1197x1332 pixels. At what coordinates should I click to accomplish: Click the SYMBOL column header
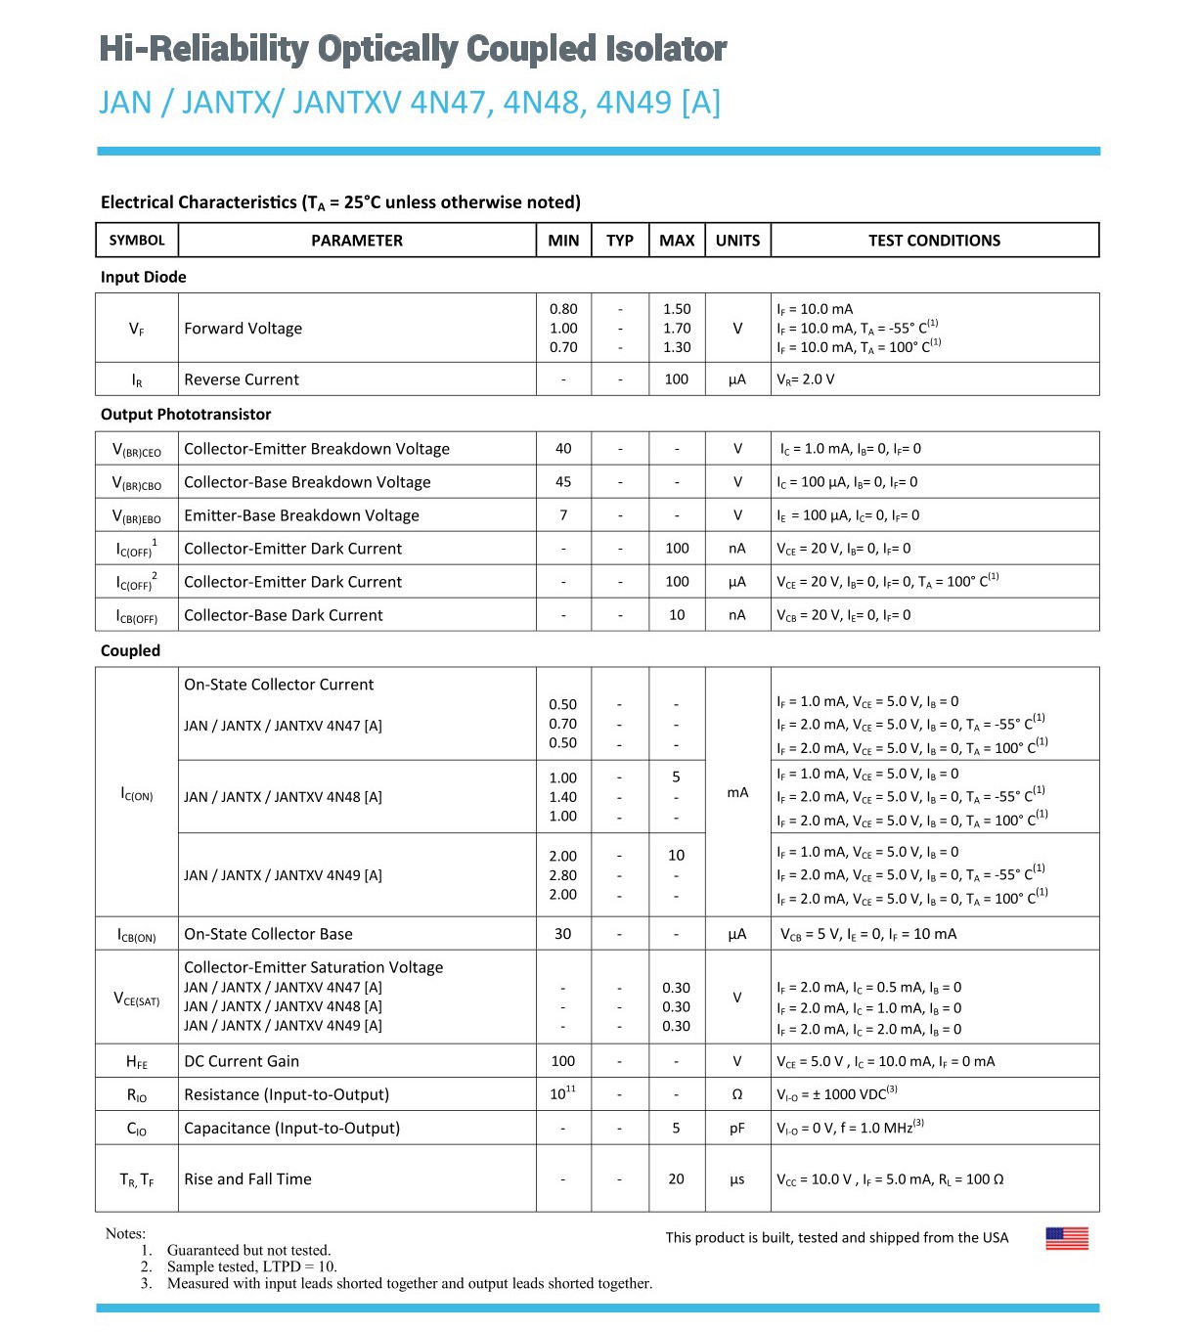(137, 241)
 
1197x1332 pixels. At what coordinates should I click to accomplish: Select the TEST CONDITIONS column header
(934, 241)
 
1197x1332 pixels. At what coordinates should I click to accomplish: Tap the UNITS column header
(737, 241)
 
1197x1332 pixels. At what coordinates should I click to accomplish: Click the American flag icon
(1067, 1238)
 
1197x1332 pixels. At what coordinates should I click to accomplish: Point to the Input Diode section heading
(143, 277)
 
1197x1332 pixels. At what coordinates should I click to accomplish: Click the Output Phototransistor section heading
(186, 415)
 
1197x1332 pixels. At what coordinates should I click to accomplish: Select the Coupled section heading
(130, 650)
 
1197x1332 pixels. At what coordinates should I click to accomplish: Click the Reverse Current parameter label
(242, 379)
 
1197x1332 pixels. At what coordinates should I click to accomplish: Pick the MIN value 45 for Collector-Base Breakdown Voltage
(563, 482)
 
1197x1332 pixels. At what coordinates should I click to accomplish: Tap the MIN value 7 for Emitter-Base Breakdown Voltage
(563, 515)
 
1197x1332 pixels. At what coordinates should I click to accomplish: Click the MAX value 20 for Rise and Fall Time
(676, 1179)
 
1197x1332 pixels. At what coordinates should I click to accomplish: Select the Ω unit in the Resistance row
(737, 1095)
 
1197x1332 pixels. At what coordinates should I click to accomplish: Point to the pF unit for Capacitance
(737, 1129)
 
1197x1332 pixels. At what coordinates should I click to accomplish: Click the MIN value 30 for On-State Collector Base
(563, 934)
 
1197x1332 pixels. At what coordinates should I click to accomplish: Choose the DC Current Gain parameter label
(242, 1061)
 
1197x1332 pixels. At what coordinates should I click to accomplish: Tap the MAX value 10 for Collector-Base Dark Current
(677, 615)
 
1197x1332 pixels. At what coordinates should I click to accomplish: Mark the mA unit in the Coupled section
(737, 792)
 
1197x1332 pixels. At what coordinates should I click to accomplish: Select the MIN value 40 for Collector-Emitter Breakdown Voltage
(563, 449)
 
